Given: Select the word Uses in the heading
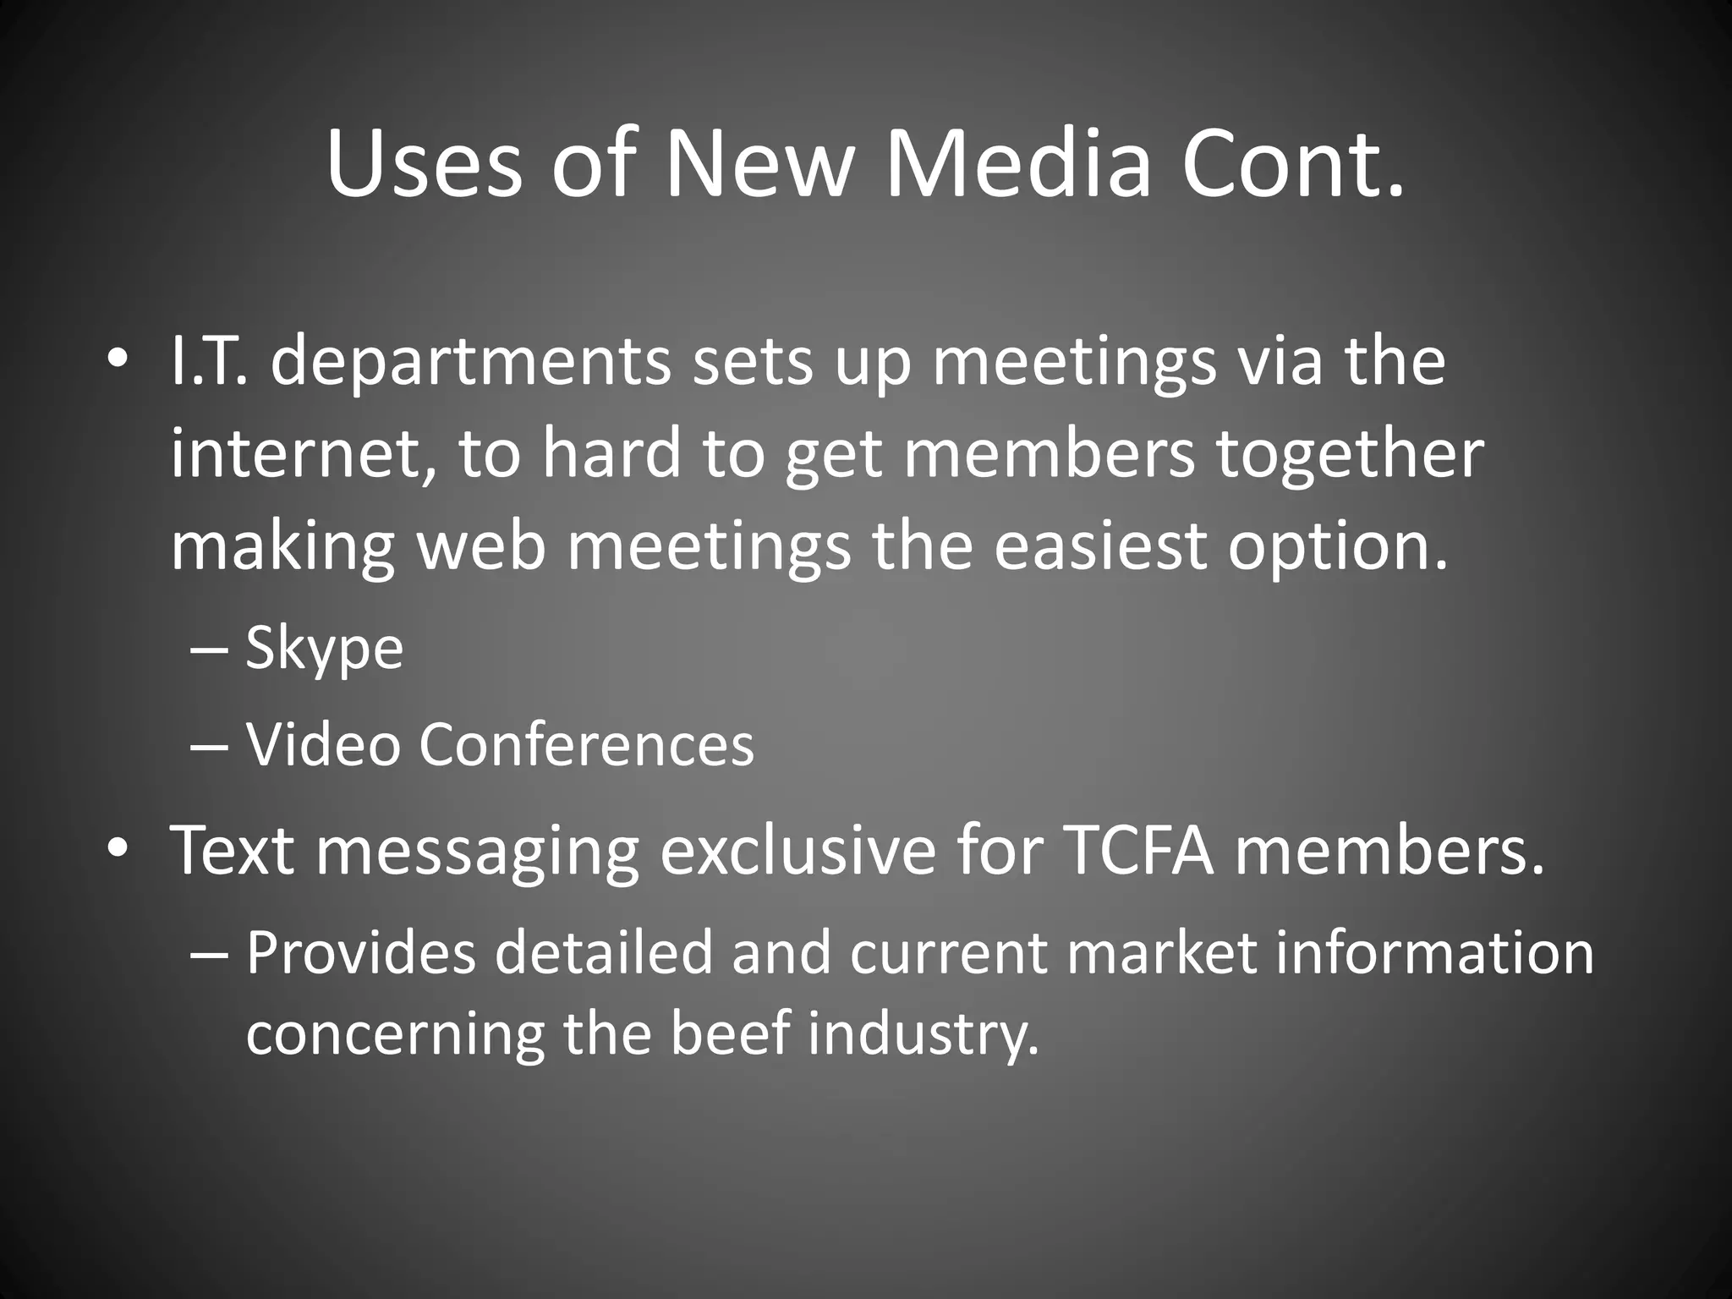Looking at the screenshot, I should click(x=424, y=162).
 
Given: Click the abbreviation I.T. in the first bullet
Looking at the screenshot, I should click(x=209, y=361).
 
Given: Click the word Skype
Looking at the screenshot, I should click(x=324, y=650).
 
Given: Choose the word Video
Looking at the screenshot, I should click(x=322, y=745).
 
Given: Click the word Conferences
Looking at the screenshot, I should click(x=586, y=745).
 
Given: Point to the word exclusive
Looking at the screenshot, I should click(x=797, y=850).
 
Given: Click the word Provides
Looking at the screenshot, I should click(x=361, y=953).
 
